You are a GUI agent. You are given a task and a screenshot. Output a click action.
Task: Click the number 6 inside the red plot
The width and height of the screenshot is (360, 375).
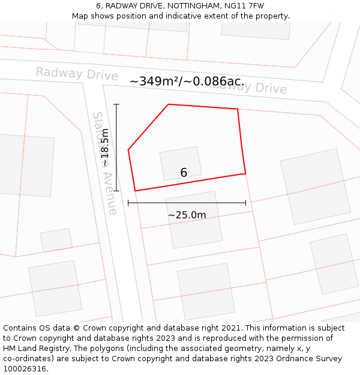pyautogui.click(x=184, y=173)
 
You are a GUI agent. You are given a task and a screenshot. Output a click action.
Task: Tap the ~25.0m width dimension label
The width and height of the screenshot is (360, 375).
pyautogui.click(x=187, y=215)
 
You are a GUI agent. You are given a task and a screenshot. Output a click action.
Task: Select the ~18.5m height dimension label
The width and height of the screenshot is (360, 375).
pyautogui.click(x=105, y=148)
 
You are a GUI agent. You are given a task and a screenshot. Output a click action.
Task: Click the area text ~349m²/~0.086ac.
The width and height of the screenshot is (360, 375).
pyautogui.click(x=187, y=82)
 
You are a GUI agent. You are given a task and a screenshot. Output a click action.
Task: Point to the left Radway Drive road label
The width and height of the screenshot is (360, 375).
pyautogui.click(x=77, y=74)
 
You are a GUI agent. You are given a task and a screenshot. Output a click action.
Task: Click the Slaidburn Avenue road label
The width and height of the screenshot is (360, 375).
pyautogui.click(x=104, y=163)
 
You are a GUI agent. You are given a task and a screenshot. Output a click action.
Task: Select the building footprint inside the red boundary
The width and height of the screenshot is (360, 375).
pyautogui.click(x=180, y=163)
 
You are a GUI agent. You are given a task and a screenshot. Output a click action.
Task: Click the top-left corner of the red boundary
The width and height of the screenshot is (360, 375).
pyautogui.click(x=168, y=104)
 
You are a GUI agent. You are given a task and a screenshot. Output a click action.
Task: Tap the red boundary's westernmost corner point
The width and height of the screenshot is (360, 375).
pyautogui.click(x=128, y=149)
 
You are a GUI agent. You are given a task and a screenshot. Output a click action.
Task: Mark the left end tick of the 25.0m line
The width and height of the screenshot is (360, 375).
pyautogui.click(x=128, y=203)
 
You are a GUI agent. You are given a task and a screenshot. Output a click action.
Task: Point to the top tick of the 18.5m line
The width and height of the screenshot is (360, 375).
pyautogui.click(x=116, y=104)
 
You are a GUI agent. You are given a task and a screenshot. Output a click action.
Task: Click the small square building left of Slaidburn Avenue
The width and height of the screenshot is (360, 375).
pyautogui.click(x=56, y=240)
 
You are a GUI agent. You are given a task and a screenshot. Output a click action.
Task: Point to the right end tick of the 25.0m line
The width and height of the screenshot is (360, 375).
pyautogui.click(x=245, y=203)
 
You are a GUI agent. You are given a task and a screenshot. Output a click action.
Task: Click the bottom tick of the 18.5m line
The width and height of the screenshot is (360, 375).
pyautogui.click(x=116, y=191)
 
